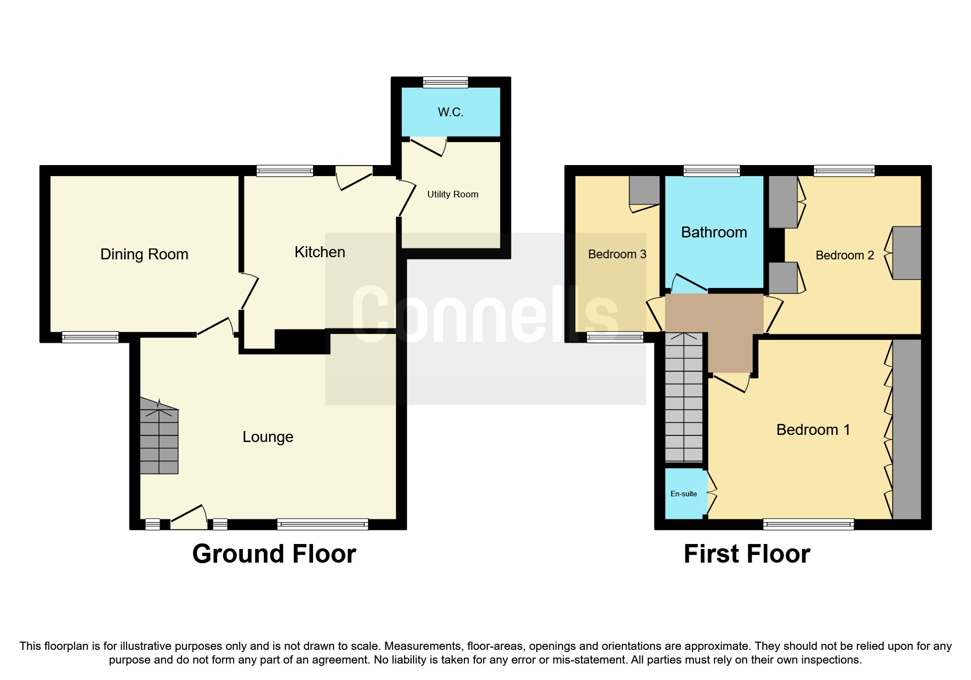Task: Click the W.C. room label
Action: [450, 112]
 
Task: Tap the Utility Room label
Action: [452, 194]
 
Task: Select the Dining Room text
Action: [144, 254]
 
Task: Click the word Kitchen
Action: [320, 252]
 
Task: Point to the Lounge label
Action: [268, 437]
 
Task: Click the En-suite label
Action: [683, 494]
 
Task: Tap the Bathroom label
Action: [714, 233]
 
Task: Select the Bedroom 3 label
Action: [617, 254]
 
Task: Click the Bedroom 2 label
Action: [844, 256]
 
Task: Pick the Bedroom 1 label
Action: [813, 430]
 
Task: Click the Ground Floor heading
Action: [274, 554]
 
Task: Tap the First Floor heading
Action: [746, 554]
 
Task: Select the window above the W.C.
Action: [445, 82]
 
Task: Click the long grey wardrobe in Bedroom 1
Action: [906, 429]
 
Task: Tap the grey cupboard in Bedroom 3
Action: [644, 190]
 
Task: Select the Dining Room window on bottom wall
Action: [90, 337]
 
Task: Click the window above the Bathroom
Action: [711, 171]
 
